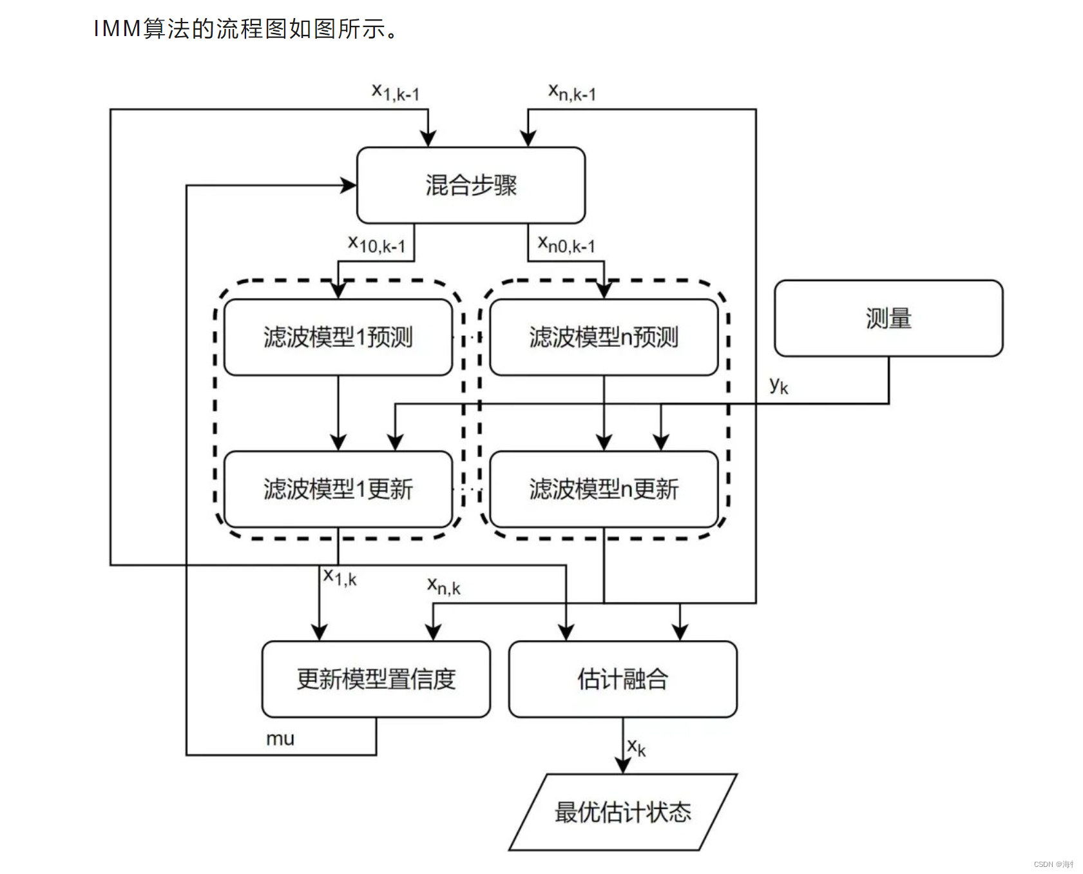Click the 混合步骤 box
coord(470,185)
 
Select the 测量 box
coord(888,318)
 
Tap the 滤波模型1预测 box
coord(338,336)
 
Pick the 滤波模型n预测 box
coord(603,336)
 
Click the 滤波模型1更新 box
coord(338,489)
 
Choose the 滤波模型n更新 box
coord(603,489)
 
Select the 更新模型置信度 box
coord(376,679)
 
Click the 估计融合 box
coord(622,679)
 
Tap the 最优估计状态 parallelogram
coord(622,811)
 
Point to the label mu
coord(280,739)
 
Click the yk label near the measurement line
coord(778,385)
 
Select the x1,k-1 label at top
coord(395,92)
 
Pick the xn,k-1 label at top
coord(571,92)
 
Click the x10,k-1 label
coord(376,244)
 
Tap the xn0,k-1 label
coord(566,244)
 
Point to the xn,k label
coord(443,587)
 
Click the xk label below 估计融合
coord(636,747)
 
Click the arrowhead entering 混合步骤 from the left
coord(349,186)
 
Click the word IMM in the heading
coord(117,29)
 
